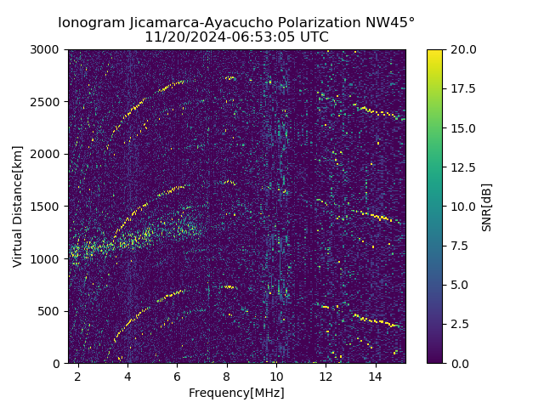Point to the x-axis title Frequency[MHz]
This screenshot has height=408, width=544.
point(236,393)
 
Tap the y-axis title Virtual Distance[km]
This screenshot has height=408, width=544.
point(18,207)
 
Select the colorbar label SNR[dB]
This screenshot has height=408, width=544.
point(487,207)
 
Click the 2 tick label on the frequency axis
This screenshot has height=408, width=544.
point(78,375)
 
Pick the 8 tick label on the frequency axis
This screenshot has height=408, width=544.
point(227,375)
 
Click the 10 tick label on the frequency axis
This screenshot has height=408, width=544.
point(276,375)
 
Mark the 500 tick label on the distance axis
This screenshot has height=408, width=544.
point(50,311)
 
